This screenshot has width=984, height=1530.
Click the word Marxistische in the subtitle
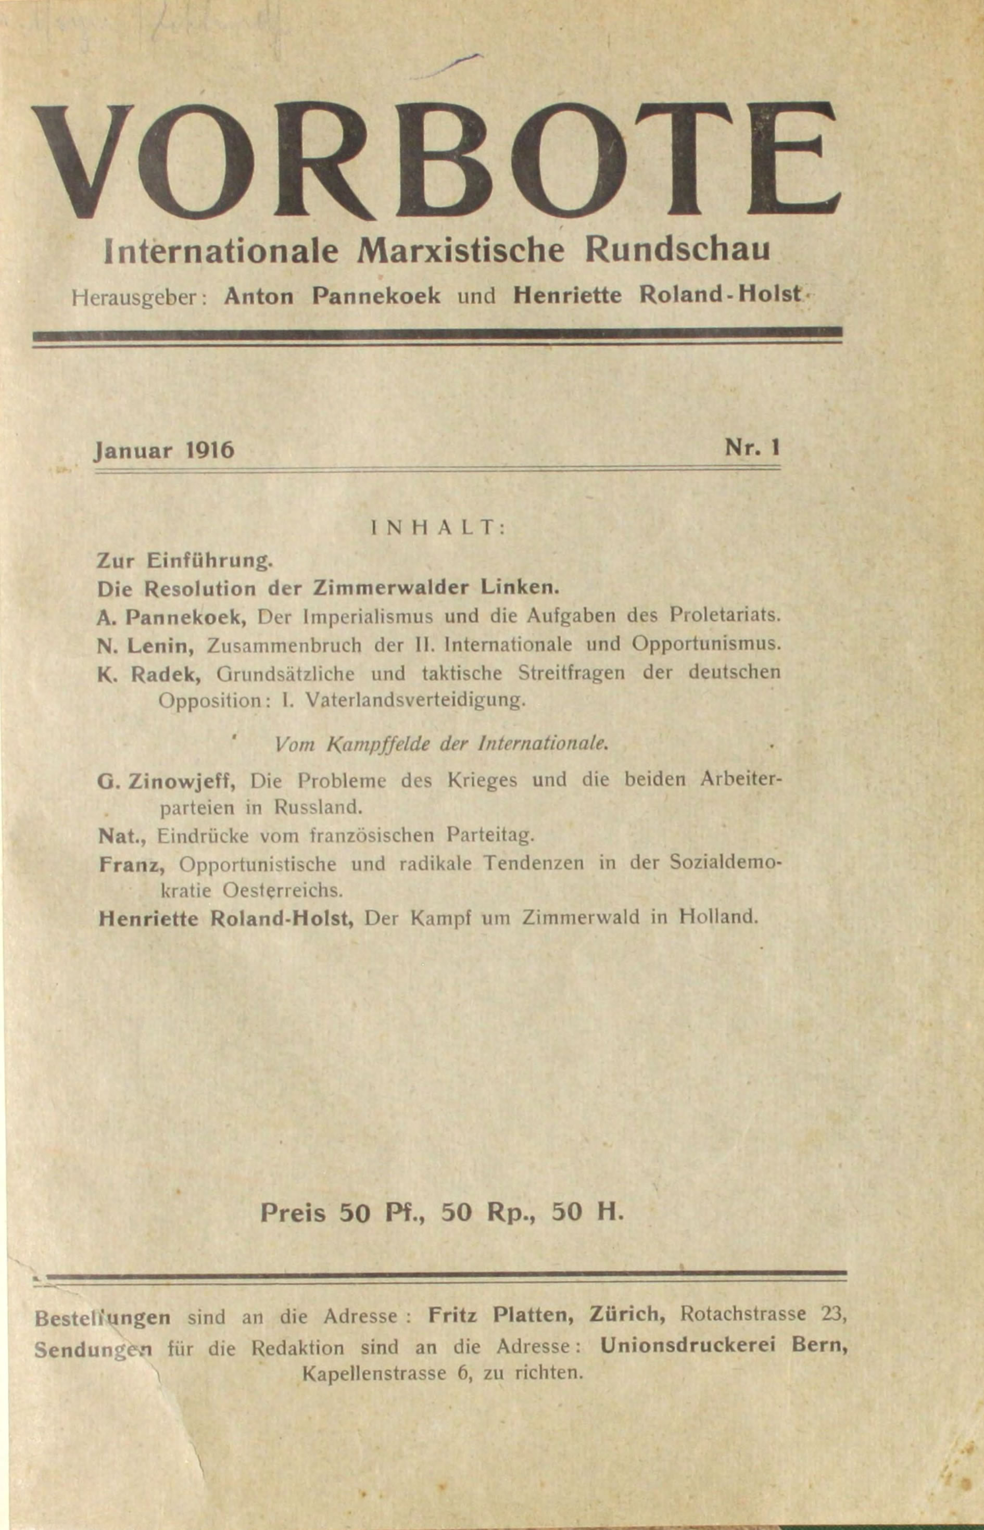click(x=461, y=251)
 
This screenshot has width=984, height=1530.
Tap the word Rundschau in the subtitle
click(x=677, y=250)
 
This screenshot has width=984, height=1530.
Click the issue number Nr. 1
click(x=752, y=447)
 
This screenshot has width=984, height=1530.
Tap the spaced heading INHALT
click(x=438, y=528)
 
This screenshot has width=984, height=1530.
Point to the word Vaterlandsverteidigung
click(x=415, y=700)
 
